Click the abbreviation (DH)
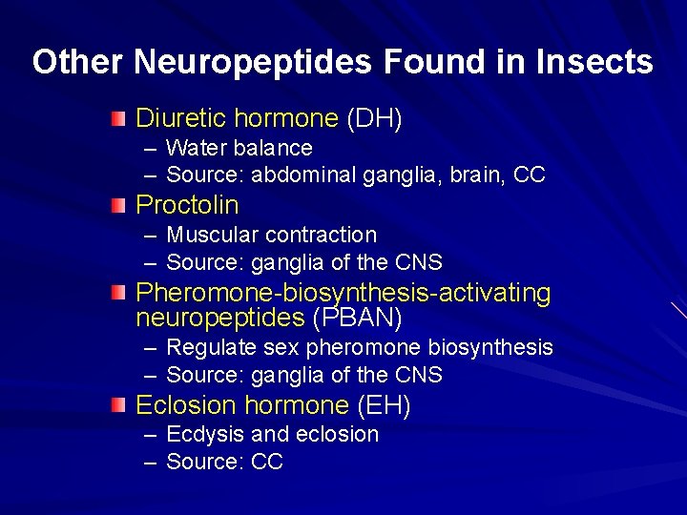click(374, 119)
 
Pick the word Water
click(196, 148)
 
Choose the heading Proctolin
click(187, 205)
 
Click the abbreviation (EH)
click(384, 405)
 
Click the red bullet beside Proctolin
click(117, 205)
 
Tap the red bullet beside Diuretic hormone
click(117, 119)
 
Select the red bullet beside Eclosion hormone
click(117, 405)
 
